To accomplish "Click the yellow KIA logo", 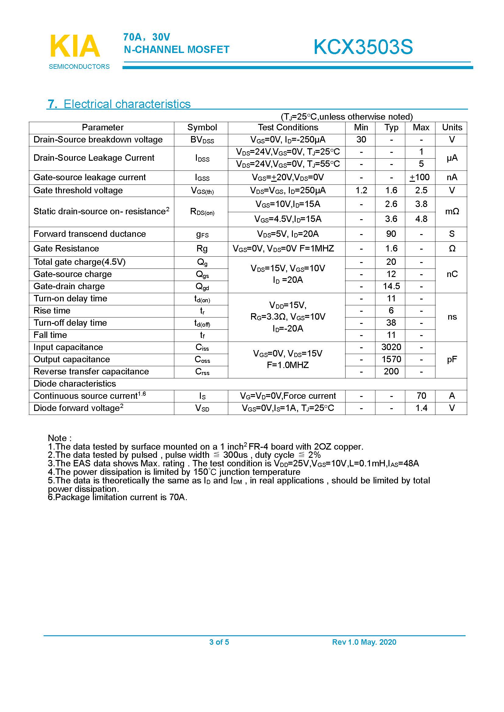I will pyautogui.click(x=75, y=46).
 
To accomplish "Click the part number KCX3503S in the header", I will pyautogui.click(x=363, y=47).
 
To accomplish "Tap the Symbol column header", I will pyautogui.click(x=202, y=128).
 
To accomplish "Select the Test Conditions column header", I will pyautogui.click(x=288, y=128).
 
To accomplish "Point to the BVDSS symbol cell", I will pyautogui.click(x=202, y=140).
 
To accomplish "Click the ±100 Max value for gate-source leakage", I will pyautogui.click(x=420, y=177).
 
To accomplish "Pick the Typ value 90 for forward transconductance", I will pyautogui.click(x=391, y=234).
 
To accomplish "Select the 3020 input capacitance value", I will pyautogui.click(x=391, y=347).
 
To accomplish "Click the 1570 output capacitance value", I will pyautogui.click(x=391, y=359).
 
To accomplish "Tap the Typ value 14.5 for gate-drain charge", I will pyautogui.click(x=391, y=286).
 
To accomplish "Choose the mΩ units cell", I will pyautogui.click(x=452, y=212).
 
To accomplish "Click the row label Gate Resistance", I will pyautogui.click(x=66, y=248).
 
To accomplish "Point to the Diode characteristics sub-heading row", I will pyautogui.click(x=74, y=384).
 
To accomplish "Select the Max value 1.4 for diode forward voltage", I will pyautogui.click(x=421, y=408).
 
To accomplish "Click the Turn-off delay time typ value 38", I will pyautogui.click(x=391, y=323).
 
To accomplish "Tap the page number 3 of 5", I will pyautogui.click(x=219, y=642).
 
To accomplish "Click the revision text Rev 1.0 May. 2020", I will pyautogui.click(x=364, y=642).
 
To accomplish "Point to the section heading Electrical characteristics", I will pyautogui.click(x=127, y=104).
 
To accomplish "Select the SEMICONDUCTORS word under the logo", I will pyautogui.click(x=79, y=67).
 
